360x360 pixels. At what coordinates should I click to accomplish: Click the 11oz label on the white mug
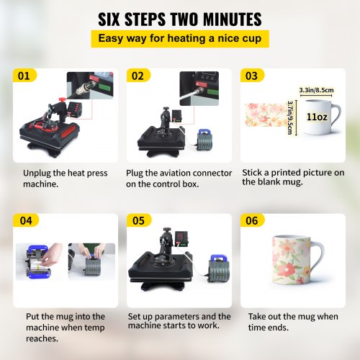(317, 114)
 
